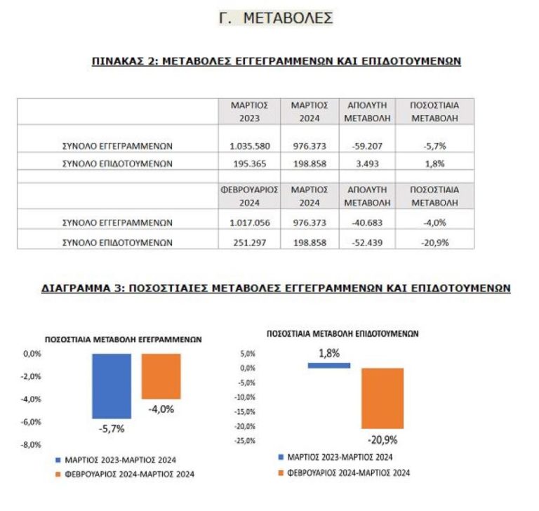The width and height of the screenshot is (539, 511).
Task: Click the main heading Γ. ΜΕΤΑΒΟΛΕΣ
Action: [276, 18]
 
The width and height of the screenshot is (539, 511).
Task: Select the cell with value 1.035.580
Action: [249, 146]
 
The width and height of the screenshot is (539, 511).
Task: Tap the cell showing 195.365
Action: [249, 164]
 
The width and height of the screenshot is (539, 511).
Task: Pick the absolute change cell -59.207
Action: [366, 146]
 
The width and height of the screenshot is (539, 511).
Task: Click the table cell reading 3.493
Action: [366, 164]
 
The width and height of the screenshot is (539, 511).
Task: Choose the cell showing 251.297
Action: [249, 242]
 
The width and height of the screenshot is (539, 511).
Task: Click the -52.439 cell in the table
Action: [366, 242]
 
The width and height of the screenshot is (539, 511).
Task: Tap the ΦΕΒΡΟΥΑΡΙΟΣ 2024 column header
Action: [249, 196]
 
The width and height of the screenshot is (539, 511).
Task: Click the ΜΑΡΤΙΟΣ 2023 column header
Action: [249, 112]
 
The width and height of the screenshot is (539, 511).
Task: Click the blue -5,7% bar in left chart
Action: [112, 386]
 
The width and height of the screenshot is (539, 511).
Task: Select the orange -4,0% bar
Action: [161, 376]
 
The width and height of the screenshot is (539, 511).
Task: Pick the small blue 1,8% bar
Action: [328, 365]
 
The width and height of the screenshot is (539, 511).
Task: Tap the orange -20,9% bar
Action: [382, 398]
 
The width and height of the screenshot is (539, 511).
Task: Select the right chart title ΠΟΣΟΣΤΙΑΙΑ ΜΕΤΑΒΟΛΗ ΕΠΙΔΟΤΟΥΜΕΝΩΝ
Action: [342, 334]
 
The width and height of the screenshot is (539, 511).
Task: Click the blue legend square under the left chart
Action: [59, 460]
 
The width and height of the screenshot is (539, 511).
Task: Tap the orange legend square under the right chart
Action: [280, 473]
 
